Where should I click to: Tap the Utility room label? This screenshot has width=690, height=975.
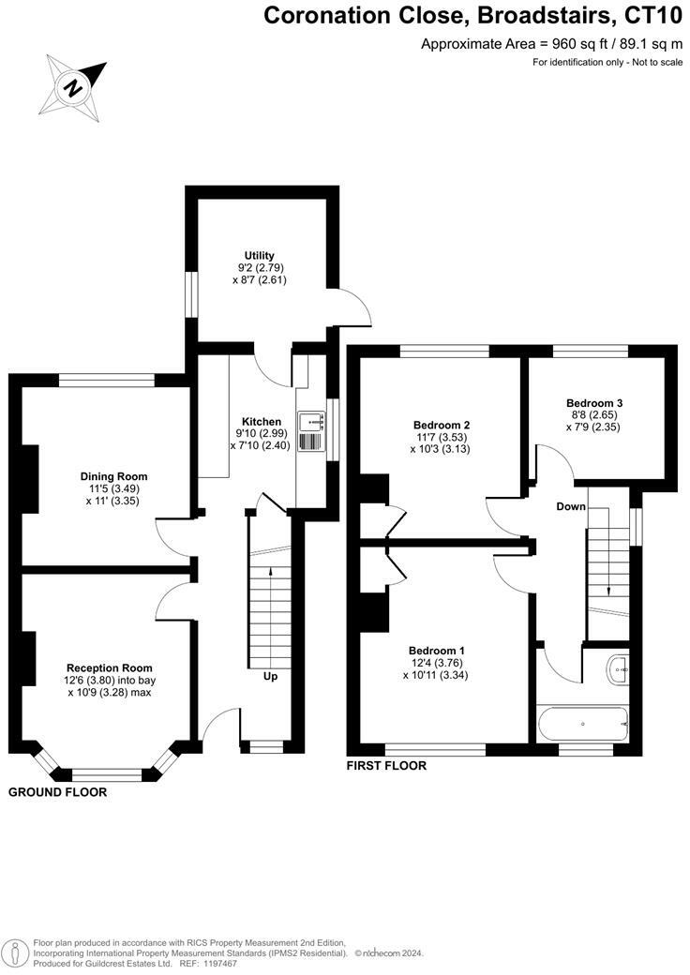258,256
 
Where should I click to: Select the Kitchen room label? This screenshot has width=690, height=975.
262,422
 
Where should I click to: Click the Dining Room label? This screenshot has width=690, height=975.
113,476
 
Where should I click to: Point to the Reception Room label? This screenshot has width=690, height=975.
108,668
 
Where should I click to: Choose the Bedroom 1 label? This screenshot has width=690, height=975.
436,651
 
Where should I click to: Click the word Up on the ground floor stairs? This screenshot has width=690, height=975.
270,676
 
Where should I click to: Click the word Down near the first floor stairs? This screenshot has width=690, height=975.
570,507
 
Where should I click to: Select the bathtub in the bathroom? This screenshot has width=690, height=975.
582,724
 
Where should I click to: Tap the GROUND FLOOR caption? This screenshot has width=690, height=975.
57,792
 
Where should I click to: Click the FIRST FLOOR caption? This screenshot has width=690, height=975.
386,766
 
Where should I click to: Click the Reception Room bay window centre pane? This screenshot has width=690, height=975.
106,774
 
